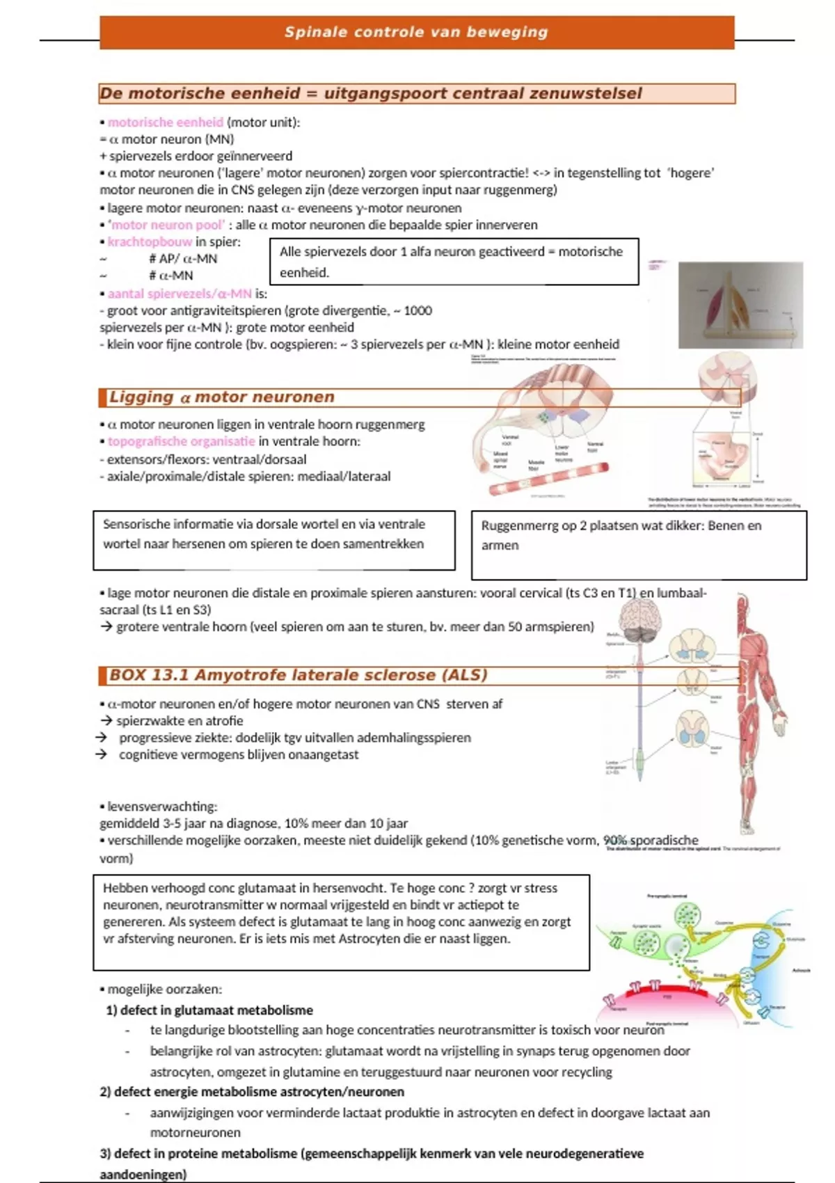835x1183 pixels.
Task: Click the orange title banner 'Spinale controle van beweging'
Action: [416, 32]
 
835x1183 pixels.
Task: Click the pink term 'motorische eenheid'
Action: [165, 122]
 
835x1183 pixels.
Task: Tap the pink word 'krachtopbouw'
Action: [150, 242]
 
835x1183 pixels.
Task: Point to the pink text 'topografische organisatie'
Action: [181, 441]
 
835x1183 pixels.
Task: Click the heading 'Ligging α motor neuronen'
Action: [221, 397]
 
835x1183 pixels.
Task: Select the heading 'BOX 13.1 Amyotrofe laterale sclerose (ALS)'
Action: [298, 675]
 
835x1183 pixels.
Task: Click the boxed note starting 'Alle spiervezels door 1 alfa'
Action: [453, 262]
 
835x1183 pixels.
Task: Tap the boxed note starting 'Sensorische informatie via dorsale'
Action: [273, 540]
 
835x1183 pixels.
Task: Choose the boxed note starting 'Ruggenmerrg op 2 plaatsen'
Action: [638, 545]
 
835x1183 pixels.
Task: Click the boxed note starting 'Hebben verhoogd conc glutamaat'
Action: [341, 921]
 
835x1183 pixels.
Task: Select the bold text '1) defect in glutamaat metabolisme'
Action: [209, 1010]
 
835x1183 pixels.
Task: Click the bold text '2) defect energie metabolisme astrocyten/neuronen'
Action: [252, 1092]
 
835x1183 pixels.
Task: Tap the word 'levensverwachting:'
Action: [162, 807]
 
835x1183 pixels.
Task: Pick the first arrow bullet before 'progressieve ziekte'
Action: [102, 738]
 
